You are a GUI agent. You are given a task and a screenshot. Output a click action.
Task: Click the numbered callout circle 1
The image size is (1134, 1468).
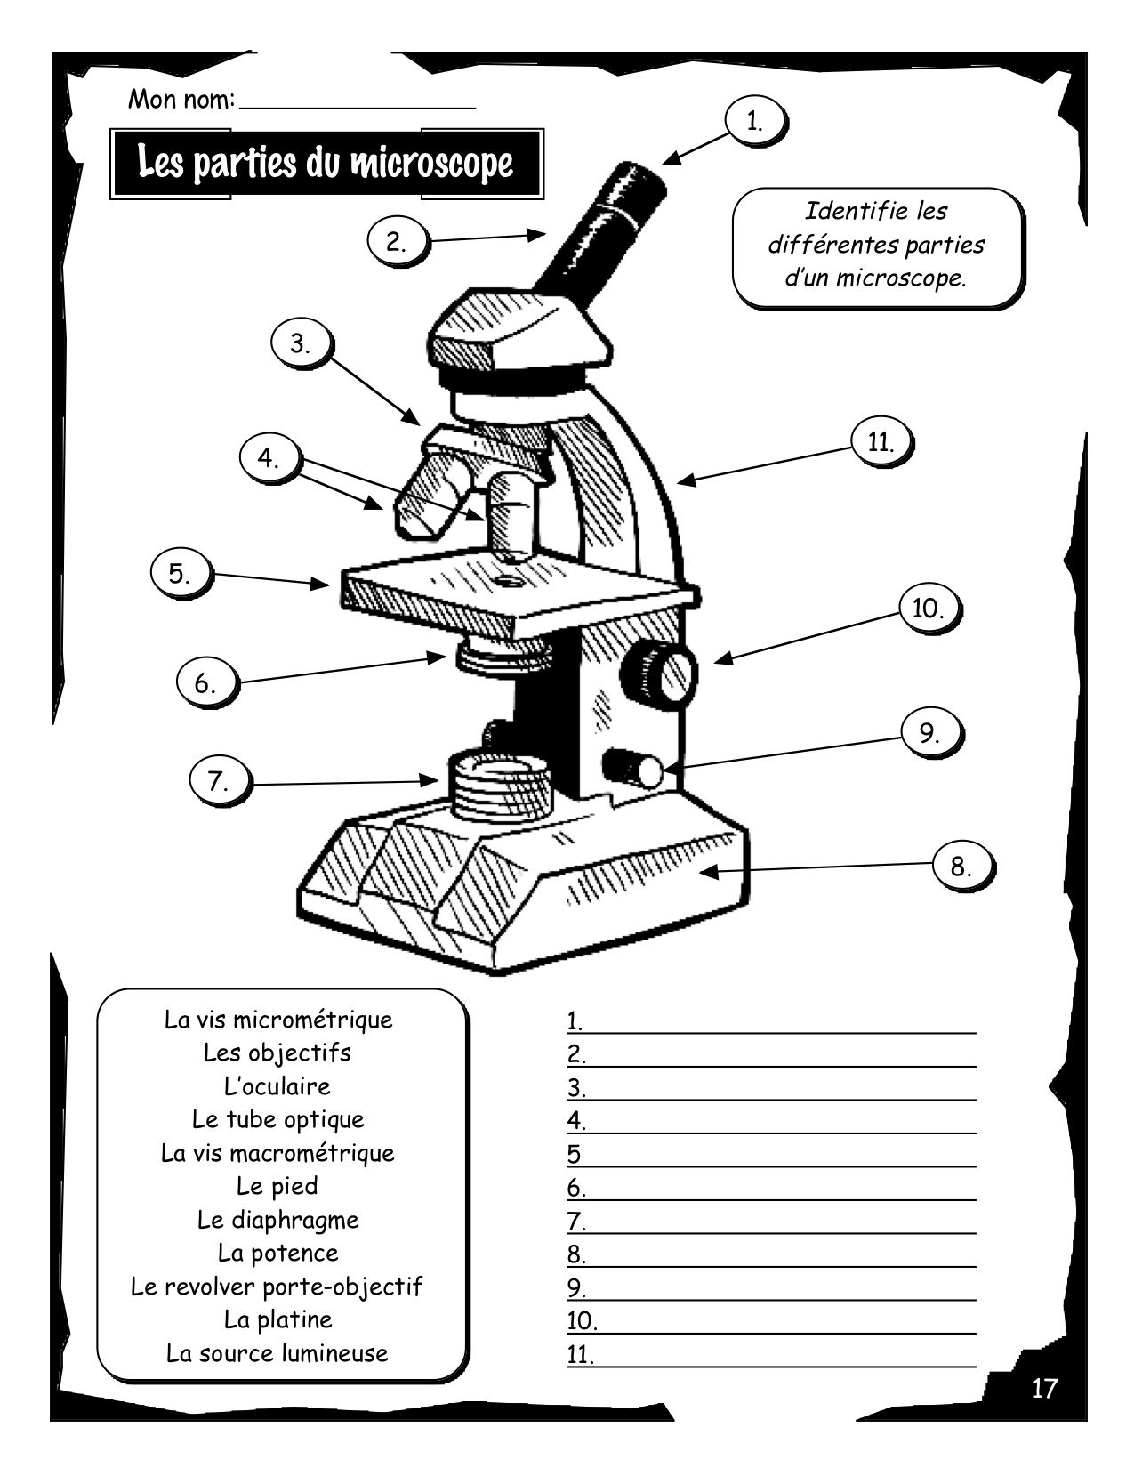pos(753,122)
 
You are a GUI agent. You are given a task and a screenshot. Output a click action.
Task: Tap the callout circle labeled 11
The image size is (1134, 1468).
pos(880,442)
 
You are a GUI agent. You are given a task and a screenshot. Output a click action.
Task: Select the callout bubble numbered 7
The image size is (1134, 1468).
pos(218,782)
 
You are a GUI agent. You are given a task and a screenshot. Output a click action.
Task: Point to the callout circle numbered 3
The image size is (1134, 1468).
pos(300,343)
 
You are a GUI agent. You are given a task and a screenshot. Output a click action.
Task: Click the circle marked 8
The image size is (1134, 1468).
pos(961,867)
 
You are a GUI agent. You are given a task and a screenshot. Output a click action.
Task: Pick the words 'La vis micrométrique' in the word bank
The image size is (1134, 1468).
pos(278,1020)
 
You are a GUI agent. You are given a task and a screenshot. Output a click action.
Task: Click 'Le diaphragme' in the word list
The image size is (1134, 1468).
pos(278,1220)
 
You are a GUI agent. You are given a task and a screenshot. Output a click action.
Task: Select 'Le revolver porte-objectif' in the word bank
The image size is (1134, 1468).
pos(277,1287)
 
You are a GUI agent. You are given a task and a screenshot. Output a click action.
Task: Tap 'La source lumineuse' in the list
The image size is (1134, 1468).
pos(277,1353)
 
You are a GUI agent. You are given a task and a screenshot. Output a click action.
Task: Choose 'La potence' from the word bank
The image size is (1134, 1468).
pos(277,1254)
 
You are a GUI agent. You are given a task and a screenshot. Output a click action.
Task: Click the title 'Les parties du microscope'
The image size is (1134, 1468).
pos(326,164)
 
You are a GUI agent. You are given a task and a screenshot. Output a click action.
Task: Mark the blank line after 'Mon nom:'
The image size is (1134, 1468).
pos(358,108)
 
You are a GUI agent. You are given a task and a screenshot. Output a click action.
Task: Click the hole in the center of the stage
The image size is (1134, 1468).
pos(507,579)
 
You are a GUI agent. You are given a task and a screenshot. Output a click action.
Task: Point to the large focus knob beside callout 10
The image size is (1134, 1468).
pos(659,673)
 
